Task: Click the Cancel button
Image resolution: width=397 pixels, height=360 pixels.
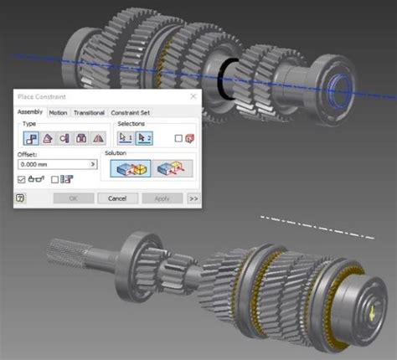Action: (x=117, y=198)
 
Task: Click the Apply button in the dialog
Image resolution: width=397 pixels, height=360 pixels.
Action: (x=162, y=198)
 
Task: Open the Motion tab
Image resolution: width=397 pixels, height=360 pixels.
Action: (x=58, y=112)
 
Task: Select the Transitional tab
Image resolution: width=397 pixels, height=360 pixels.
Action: (x=89, y=112)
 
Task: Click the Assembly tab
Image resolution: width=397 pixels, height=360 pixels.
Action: (x=30, y=112)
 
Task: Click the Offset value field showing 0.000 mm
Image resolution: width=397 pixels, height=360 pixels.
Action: (x=55, y=165)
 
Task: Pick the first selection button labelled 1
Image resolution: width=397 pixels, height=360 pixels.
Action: (x=126, y=137)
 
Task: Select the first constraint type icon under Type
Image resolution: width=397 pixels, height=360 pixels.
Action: (x=31, y=138)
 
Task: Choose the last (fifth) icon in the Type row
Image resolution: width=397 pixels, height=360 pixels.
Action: (x=99, y=138)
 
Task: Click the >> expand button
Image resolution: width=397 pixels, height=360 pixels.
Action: (x=193, y=198)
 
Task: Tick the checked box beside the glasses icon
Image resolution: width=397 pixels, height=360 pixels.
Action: (x=22, y=178)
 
